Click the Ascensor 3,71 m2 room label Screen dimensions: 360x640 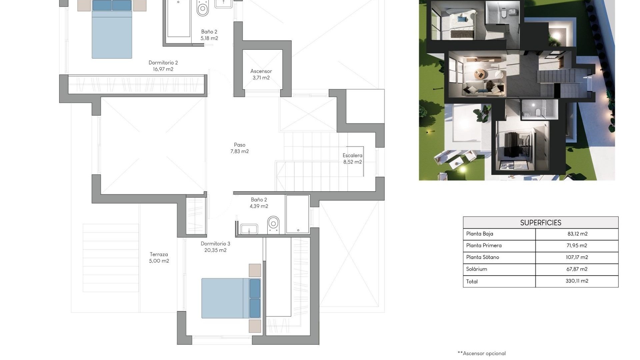tap(261, 74)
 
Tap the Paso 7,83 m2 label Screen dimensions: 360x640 tap(239, 148)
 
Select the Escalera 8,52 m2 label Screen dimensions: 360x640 tap(352, 159)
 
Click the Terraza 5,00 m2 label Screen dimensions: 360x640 tap(159, 258)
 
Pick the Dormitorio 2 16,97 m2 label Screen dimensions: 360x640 tap(163, 66)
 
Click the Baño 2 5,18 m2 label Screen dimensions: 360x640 tap(209, 35)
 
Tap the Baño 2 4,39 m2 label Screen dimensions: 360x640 tap(259, 203)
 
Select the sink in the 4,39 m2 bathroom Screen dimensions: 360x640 tap(249, 229)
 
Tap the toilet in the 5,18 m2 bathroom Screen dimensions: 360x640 tap(203, 8)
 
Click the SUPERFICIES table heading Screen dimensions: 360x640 tap(540, 223)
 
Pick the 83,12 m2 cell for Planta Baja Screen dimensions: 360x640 tap(577, 234)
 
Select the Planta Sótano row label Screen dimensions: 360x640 tap(482, 257)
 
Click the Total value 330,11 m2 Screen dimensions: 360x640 tap(577, 281)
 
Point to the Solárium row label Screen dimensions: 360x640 tap(476, 269)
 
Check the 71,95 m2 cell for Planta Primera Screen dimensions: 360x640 tap(577, 246)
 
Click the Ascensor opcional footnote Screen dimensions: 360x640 tap(482, 353)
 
